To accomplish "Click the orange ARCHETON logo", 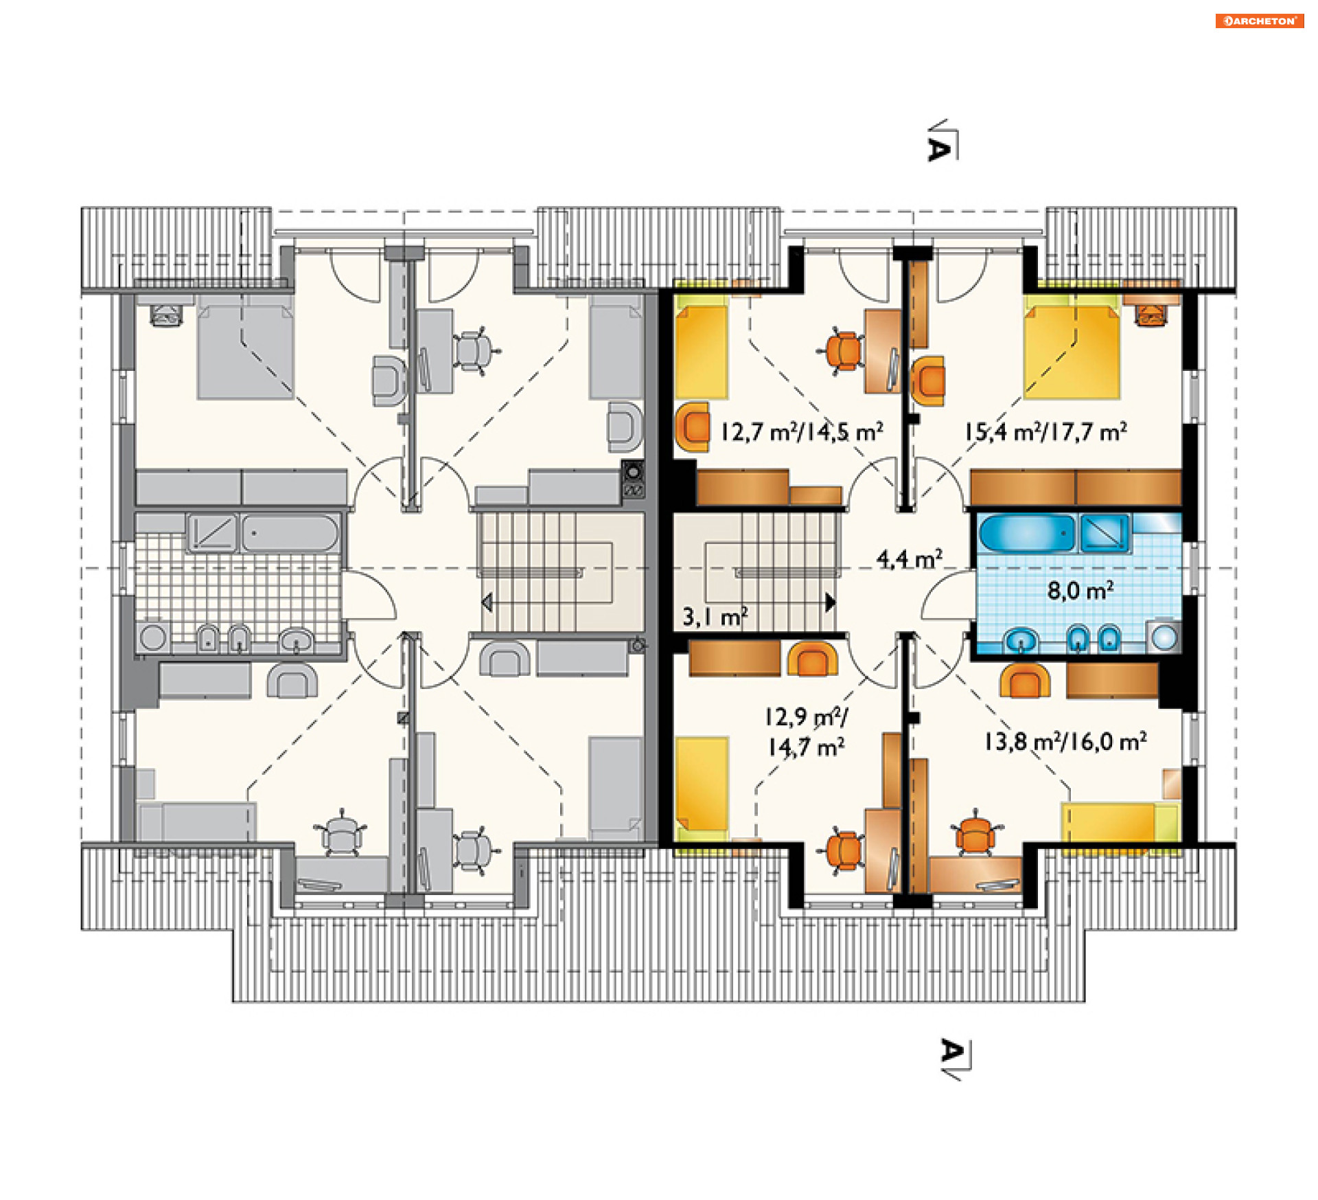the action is (1259, 21).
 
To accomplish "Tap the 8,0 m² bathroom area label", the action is (1080, 590).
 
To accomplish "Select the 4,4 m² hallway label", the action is (909, 558).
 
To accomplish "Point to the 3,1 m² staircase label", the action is (715, 616).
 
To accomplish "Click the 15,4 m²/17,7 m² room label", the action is (1045, 431).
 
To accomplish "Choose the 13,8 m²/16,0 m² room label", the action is (1065, 741).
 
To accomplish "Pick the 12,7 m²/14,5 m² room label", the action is (801, 431).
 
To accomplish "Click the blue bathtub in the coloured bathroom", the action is (1026, 534).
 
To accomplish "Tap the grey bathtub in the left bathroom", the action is (290, 532).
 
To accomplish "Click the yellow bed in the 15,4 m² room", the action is (1072, 352).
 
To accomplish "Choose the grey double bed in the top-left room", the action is (245, 352).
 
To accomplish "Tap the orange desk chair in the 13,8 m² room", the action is (975, 833).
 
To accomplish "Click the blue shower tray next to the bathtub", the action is (1104, 533).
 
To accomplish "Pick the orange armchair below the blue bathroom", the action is (1025, 681).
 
